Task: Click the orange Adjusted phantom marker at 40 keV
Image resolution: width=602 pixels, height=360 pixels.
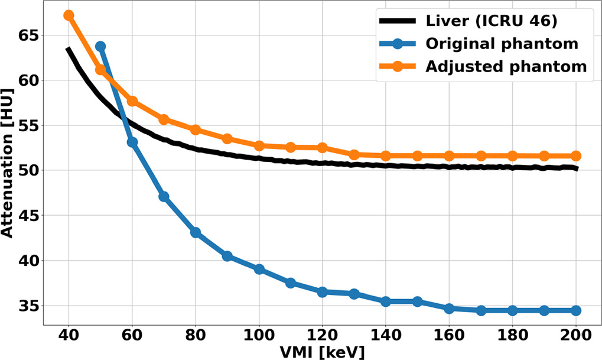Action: point(69,15)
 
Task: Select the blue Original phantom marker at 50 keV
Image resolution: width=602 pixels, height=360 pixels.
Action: point(100,46)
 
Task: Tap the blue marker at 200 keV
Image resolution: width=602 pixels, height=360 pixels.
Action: point(576,310)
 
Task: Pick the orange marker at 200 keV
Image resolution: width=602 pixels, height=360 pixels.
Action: point(576,156)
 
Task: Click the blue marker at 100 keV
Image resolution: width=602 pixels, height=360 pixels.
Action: point(259,269)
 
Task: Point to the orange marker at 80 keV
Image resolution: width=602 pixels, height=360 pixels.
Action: point(196,129)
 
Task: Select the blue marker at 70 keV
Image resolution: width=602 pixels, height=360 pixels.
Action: point(164,196)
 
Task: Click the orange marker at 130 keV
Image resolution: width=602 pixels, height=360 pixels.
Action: point(354,155)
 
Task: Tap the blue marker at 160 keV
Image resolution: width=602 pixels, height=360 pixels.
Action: point(449,309)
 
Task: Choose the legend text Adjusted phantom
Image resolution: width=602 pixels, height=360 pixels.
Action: point(506,66)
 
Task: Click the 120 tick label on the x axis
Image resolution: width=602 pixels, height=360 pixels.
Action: point(322,335)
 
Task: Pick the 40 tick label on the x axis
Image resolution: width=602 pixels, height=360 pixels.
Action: point(69,335)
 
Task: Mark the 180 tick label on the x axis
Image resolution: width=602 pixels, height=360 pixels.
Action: point(512,335)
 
